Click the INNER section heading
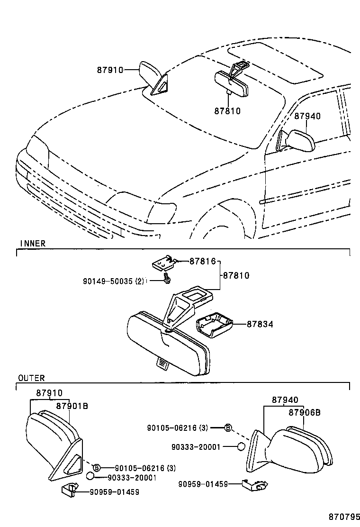point(32,244)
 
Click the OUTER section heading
point(31,378)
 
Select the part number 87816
point(202,261)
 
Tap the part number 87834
point(260,324)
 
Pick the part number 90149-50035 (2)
point(113,281)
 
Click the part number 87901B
point(72,406)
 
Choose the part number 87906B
point(304,413)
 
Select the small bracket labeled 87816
point(162,262)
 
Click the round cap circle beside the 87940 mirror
point(241,446)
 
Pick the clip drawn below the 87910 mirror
point(69,491)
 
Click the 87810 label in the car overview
point(227,111)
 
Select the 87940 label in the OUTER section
point(285,400)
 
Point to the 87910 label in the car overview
point(110,70)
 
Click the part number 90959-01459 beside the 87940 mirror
point(203,484)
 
